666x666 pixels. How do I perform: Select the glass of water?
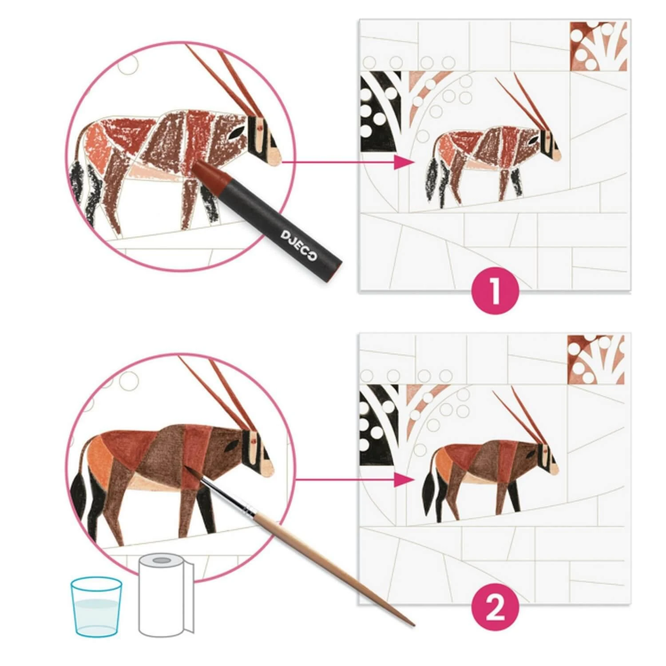coord(96,606)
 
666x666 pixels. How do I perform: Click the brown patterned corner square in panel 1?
coord(598,46)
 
